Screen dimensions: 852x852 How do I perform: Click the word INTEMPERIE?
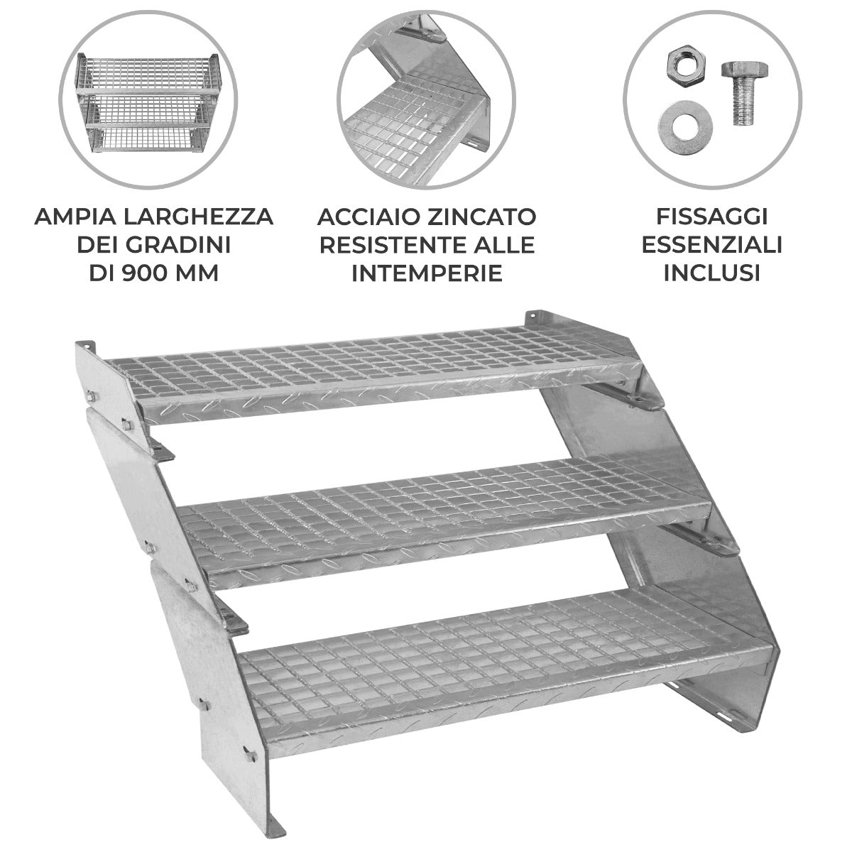coord(427,273)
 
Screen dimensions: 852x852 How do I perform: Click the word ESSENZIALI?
coord(711,244)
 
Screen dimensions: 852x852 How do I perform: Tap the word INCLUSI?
coord(711,273)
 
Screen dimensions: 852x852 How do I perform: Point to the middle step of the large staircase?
coord(440,511)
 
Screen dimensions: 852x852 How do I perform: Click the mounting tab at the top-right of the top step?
coord(538,317)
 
